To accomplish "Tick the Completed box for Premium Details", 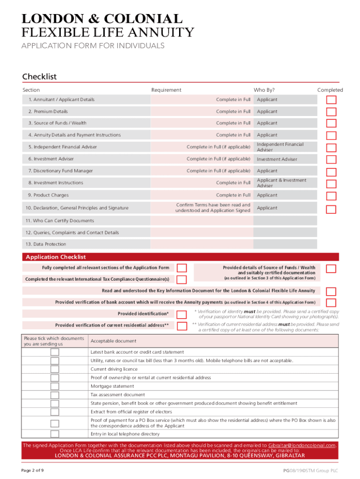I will pos(331,112).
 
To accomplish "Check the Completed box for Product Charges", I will pos(331,196).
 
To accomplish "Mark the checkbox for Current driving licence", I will pos(55,369).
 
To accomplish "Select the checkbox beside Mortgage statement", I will pos(55,386).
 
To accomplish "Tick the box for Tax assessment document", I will pos(55,395).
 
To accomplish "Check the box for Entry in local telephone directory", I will pos(55,434).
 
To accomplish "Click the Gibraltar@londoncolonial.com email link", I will pos(302,445).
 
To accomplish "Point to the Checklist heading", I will pos(39,77).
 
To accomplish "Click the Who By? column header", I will pos(264,90).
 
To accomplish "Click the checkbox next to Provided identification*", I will pos(182,314).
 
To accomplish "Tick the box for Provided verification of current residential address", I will pos(182,326).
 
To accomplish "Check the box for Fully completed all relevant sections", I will pos(182,268).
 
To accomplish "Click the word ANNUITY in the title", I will pos(162,33).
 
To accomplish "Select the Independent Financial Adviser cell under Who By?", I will pos(280,147).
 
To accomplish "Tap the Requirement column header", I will pos(166,90).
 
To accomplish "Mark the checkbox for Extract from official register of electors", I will pos(55,412).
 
